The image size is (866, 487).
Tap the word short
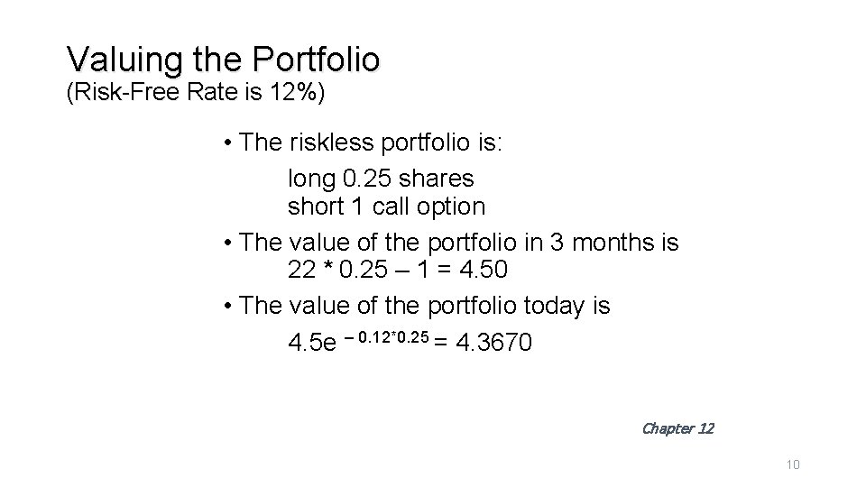tap(317, 207)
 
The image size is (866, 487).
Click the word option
tap(451, 207)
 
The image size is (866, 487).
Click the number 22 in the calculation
tap(300, 270)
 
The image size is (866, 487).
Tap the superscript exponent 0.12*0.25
tap(392, 336)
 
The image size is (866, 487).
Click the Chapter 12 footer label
tap(677, 428)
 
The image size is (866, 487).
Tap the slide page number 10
tap(794, 464)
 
